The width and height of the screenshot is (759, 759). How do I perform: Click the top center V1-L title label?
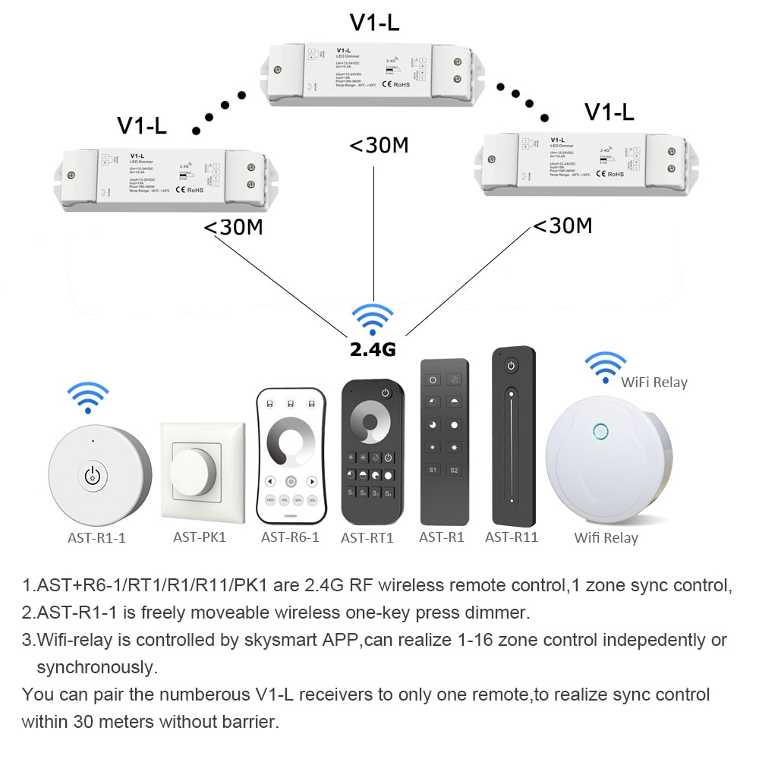tap(374, 23)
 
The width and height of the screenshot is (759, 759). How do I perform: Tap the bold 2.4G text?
tap(373, 350)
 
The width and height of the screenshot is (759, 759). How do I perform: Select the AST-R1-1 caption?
tap(95, 537)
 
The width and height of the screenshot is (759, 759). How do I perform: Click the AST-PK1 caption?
tap(200, 537)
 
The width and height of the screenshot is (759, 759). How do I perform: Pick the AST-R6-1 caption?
tap(290, 537)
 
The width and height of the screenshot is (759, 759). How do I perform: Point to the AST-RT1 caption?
tap(367, 538)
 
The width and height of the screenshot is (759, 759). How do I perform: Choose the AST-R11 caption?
tap(512, 537)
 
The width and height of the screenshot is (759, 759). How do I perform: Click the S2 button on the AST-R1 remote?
tap(454, 471)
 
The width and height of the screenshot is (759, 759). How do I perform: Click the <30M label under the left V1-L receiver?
tap(233, 227)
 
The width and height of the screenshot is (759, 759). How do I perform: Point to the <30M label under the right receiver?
tap(562, 225)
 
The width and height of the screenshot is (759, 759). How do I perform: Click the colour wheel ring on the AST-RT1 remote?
tap(372, 424)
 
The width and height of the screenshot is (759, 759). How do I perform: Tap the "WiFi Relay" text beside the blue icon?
tap(653, 383)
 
